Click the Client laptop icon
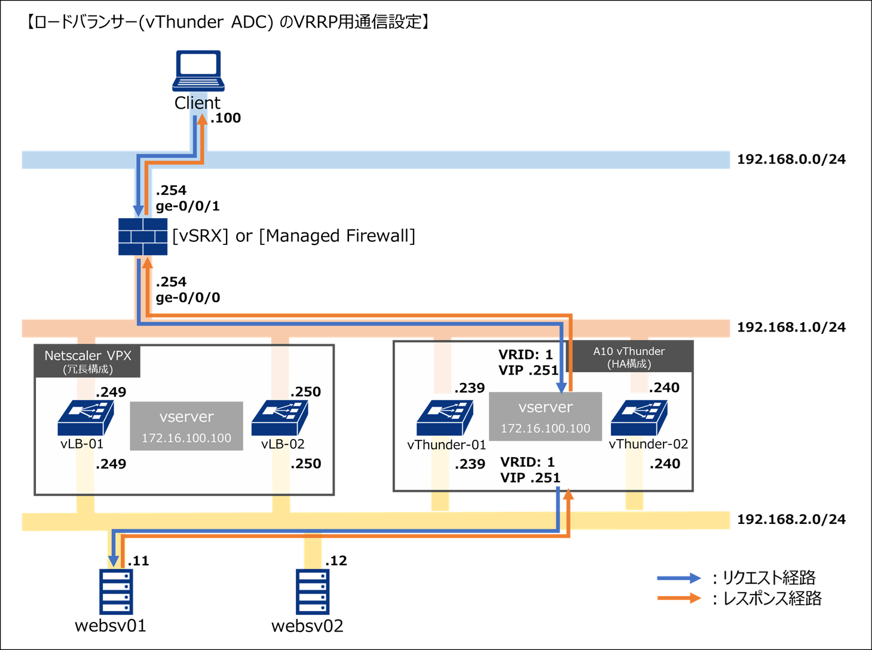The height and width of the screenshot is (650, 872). [x=198, y=70]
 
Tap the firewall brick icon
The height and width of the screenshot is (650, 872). [x=142, y=237]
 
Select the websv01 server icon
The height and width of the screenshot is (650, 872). [x=116, y=591]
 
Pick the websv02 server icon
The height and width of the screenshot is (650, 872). [x=313, y=591]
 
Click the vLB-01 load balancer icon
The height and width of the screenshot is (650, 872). [x=85, y=418]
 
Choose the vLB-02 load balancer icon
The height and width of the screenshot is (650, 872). [x=280, y=418]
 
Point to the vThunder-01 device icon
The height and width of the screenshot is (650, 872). [x=445, y=418]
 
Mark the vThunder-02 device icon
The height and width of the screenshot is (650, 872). [x=639, y=418]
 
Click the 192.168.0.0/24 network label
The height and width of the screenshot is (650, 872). [x=791, y=160]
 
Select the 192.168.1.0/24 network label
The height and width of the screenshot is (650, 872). [x=791, y=327]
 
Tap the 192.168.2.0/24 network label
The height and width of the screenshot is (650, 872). [x=791, y=520]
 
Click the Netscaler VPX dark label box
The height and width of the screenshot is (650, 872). [x=87, y=361]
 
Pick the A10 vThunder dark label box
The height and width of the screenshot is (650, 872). [x=629, y=357]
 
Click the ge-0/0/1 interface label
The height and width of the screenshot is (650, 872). [x=188, y=207]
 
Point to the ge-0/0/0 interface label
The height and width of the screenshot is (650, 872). [x=188, y=298]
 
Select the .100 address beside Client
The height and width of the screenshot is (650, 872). [x=226, y=118]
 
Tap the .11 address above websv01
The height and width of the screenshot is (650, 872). [x=138, y=561]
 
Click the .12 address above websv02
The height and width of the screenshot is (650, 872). [x=336, y=561]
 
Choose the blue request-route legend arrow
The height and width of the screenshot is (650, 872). [x=678, y=578]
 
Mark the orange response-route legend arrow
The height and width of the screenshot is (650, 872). [x=678, y=598]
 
